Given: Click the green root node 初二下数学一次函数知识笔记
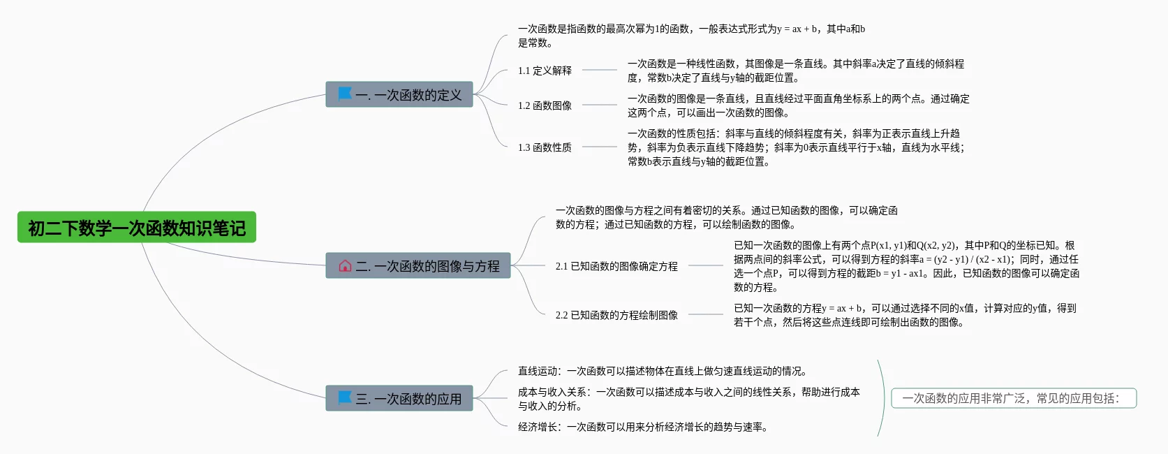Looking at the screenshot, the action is (x=137, y=228).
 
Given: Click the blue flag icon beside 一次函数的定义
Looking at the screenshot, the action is (x=345, y=94).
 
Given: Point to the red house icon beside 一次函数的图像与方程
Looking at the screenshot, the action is (x=345, y=265).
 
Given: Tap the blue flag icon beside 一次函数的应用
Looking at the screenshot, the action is (x=345, y=397).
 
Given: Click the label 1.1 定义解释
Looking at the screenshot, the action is (x=545, y=71).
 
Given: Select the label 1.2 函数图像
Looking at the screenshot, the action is (x=545, y=105).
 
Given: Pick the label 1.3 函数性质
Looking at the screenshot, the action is (x=545, y=147).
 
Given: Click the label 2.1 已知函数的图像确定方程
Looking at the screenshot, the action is (x=616, y=266).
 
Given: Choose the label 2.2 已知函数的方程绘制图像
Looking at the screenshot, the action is (x=616, y=315).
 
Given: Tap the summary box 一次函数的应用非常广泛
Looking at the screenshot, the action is (x=1014, y=398).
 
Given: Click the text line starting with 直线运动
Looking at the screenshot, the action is (x=662, y=371).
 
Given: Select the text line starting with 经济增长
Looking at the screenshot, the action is (x=642, y=427).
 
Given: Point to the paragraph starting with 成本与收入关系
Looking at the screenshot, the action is (x=688, y=399).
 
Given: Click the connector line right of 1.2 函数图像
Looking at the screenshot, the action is (x=599, y=105).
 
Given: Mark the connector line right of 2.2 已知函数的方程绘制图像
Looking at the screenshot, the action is (x=705, y=314).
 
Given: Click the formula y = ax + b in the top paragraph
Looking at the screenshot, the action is (x=797, y=29).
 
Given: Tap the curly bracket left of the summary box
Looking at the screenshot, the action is (x=881, y=398).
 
